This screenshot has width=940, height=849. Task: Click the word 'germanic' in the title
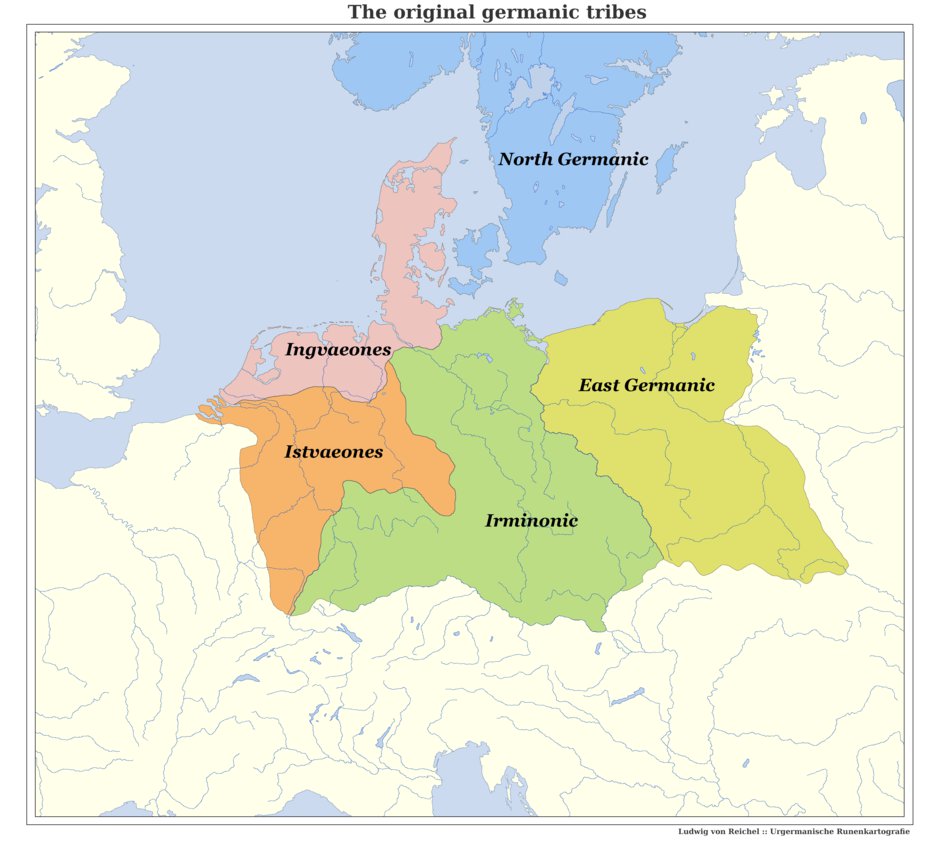pyautogui.click(x=522, y=13)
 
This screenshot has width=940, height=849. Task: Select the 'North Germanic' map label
pyautogui.click(x=573, y=159)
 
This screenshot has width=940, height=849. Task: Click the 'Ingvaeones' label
pyautogui.click(x=337, y=349)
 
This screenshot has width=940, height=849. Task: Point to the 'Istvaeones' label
pyautogui.click(x=333, y=452)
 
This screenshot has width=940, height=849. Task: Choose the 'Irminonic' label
pyautogui.click(x=531, y=520)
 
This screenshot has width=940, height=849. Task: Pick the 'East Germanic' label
pyautogui.click(x=646, y=385)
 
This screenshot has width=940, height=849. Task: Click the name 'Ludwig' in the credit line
pyautogui.click(x=692, y=832)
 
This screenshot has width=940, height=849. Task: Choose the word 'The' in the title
pyautogui.click(x=364, y=13)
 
